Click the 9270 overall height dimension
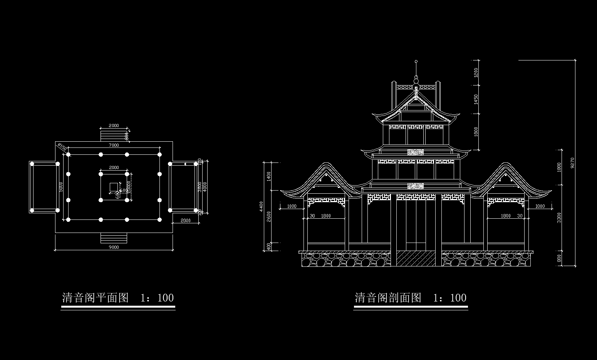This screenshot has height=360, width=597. click(572, 163)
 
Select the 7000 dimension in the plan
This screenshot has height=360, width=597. click(114, 145)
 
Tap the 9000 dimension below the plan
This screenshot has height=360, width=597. click(114, 247)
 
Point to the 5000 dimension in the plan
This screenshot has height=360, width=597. click(61, 186)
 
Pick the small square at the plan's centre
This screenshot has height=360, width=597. click(114, 187)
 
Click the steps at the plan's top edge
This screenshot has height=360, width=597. click(114, 135)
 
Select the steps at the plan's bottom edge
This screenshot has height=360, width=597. click(114, 238)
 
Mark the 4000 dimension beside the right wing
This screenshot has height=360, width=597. click(205, 186)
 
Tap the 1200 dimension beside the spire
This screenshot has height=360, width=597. click(476, 72)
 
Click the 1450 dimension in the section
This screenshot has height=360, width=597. click(476, 99)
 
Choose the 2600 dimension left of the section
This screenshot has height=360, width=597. click(269, 216)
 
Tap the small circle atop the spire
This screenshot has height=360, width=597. click(416, 61)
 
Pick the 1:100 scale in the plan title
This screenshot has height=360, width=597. click(157, 298)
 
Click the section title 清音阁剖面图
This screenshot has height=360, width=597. click(388, 298)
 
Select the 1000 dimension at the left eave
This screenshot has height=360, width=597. click(292, 206)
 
